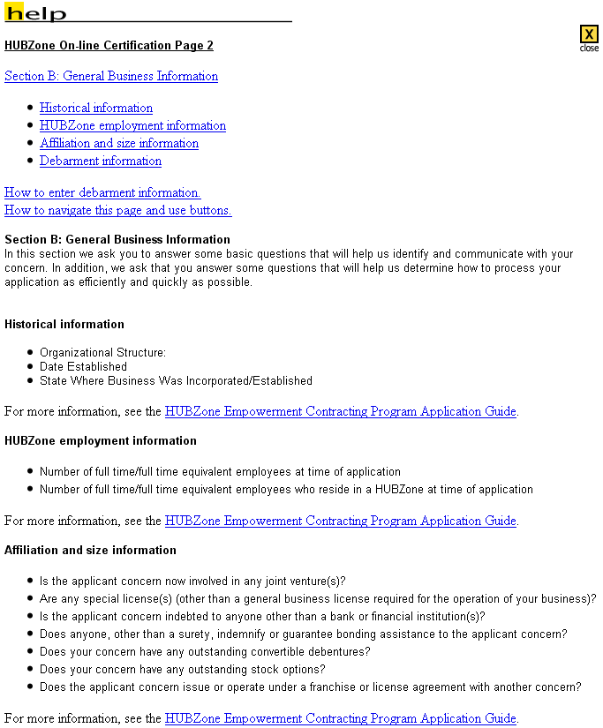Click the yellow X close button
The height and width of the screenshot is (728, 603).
pyautogui.click(x=589, y=34)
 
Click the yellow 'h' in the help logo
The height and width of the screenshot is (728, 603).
pyautogui.click(x=12, y=12)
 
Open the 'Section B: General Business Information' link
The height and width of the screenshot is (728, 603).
pyautogui.click(x=111, y=77)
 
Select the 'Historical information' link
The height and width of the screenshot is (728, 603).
pyautogui.click(x=96, y=109)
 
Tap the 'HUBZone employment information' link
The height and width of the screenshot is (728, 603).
pyautogui.click(x=132, y=126)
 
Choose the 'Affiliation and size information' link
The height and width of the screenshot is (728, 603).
pyautogui.click(x=119, y=144)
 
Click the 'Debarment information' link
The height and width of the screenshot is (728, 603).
pyautogui.click(x=101, y=161)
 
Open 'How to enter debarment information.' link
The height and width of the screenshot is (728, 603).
pyautogui.click(x=102, y=193)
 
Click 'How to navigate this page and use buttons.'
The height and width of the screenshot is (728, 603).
pyautogui.click(x=117, y=211)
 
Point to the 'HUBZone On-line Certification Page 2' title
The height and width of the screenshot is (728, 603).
pyautogui.click(x=109, y=46)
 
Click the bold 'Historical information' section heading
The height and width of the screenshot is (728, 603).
pyautogui.click(x=64, y=325)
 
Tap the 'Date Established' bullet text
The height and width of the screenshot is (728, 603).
pyautogui.click(x=83, y=367)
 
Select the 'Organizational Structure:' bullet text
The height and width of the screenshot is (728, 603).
pyautogui.click(x=102, y=353)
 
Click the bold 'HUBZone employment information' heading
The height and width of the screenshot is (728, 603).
pyautogui.click(x=101, y=441)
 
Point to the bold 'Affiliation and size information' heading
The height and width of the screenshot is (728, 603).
pyautogui.click(x=90, y=551)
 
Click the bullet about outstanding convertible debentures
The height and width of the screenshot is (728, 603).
pyautogui.click(x=205, y=652)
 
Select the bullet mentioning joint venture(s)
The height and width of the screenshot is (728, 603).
pyautogui.click(x=192, y=582)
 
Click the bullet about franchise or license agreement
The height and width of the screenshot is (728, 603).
pyautogui.click(x=310, y=687)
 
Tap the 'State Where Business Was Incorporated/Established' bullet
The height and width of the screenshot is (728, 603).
pyautogui.click(x=176, y=381)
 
